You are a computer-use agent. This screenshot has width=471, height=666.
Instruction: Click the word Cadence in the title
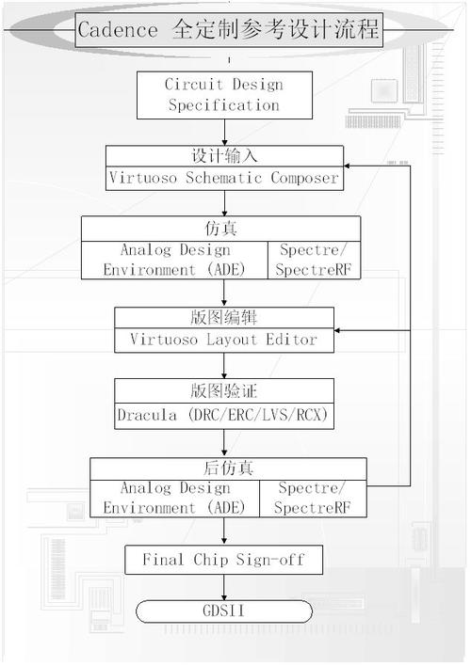click(x=118, y=30)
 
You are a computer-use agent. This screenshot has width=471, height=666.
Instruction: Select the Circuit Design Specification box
click(x=224, y=95)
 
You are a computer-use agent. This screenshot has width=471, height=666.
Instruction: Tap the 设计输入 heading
click(x=224, y=156)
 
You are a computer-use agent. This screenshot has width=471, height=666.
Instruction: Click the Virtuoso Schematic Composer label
click(x=224, y=178)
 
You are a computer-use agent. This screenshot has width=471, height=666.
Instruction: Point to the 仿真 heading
click(x=220, y=229)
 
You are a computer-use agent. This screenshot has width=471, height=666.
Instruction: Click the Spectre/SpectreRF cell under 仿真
click(x=314, y=260)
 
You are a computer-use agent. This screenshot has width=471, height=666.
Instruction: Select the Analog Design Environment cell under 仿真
click(x=174, y=260)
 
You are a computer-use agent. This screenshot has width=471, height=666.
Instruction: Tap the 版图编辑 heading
click(x=224, y=318)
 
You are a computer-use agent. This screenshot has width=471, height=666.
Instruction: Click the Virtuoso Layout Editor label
click(x=224, y=340)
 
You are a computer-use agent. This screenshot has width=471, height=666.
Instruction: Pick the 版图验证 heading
click(x=224, y=390)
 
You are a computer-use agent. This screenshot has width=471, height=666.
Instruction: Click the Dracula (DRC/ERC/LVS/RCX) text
click(x=223, y=415)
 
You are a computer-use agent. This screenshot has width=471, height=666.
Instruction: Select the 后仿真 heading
click(x=229, y=468)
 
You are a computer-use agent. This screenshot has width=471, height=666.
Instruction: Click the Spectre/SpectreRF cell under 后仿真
click(x=313, y=499)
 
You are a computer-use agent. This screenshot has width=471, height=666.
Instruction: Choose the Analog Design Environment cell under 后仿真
click(x=174, y=499)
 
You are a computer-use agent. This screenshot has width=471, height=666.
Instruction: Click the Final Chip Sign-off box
click(x=224, y=560)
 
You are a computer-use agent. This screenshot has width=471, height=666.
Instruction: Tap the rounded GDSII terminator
click(x=224, y=611)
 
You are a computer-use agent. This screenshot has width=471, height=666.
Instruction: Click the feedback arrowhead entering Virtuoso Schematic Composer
click(x=347, y=166)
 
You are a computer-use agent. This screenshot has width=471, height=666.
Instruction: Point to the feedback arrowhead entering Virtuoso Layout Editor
click(x=337, y=330)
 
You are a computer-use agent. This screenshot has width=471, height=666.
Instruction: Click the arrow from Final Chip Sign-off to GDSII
click(x=224, y=587)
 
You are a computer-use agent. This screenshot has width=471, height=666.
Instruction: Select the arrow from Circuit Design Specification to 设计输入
click(x=224, y=133)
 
